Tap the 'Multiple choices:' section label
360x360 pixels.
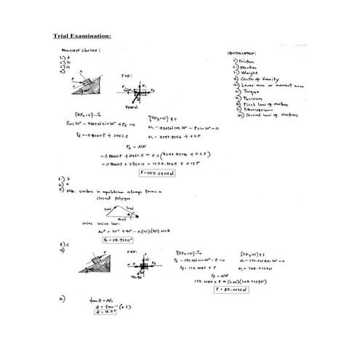click(x=80, y=50)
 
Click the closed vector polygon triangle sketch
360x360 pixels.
click(x=121, y=211)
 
